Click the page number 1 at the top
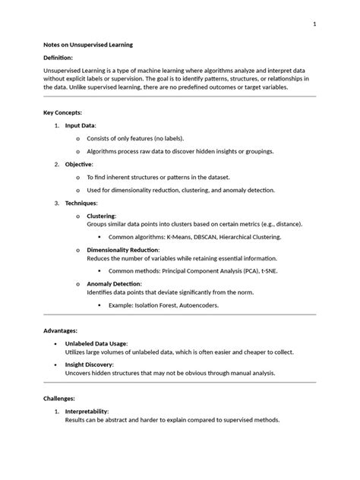click(314, 25)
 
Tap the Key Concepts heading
click(62, 112)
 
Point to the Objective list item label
click(79, 164)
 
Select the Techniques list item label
click(81, 204)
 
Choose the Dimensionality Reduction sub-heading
click(123, 250)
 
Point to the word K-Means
click(176, 237)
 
